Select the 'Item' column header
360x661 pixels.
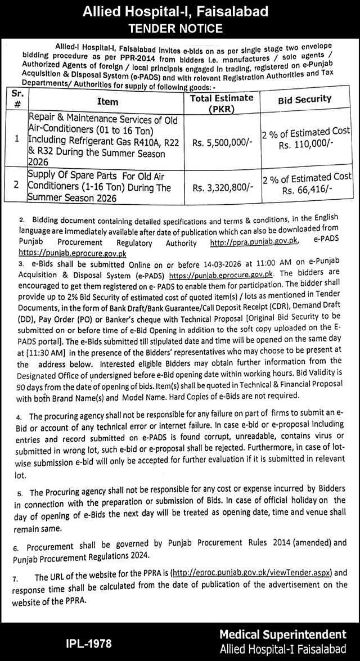click(x=107, y=102)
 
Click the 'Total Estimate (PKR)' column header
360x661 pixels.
click(x=222, y=104)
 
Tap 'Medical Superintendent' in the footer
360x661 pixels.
click(x=283, y=634)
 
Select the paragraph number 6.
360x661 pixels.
click(x=16, y=547)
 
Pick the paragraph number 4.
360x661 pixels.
click(x=19, y=417)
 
